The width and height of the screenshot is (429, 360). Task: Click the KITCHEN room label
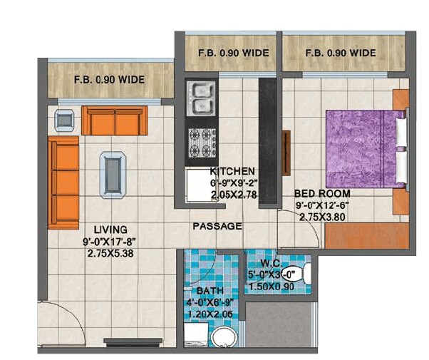[232, 172]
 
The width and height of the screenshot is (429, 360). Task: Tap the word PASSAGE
[217, 226]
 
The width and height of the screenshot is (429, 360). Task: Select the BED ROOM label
[322, 193]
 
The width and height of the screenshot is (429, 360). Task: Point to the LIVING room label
[109, 230]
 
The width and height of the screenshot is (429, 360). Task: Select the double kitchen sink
[201, 99]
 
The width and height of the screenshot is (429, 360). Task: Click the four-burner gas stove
[201, 143]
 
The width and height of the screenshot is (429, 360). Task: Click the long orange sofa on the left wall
[63, 183]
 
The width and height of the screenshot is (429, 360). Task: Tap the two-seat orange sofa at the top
[114, 120]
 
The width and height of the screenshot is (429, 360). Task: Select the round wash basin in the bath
[222, 336]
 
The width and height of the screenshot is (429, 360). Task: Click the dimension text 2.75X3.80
[322, 216]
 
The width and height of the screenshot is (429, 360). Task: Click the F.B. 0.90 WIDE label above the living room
[110, 80]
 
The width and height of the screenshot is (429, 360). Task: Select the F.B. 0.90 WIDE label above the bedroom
[340, 53]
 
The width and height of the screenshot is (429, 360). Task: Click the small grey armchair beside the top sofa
[65, 120]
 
